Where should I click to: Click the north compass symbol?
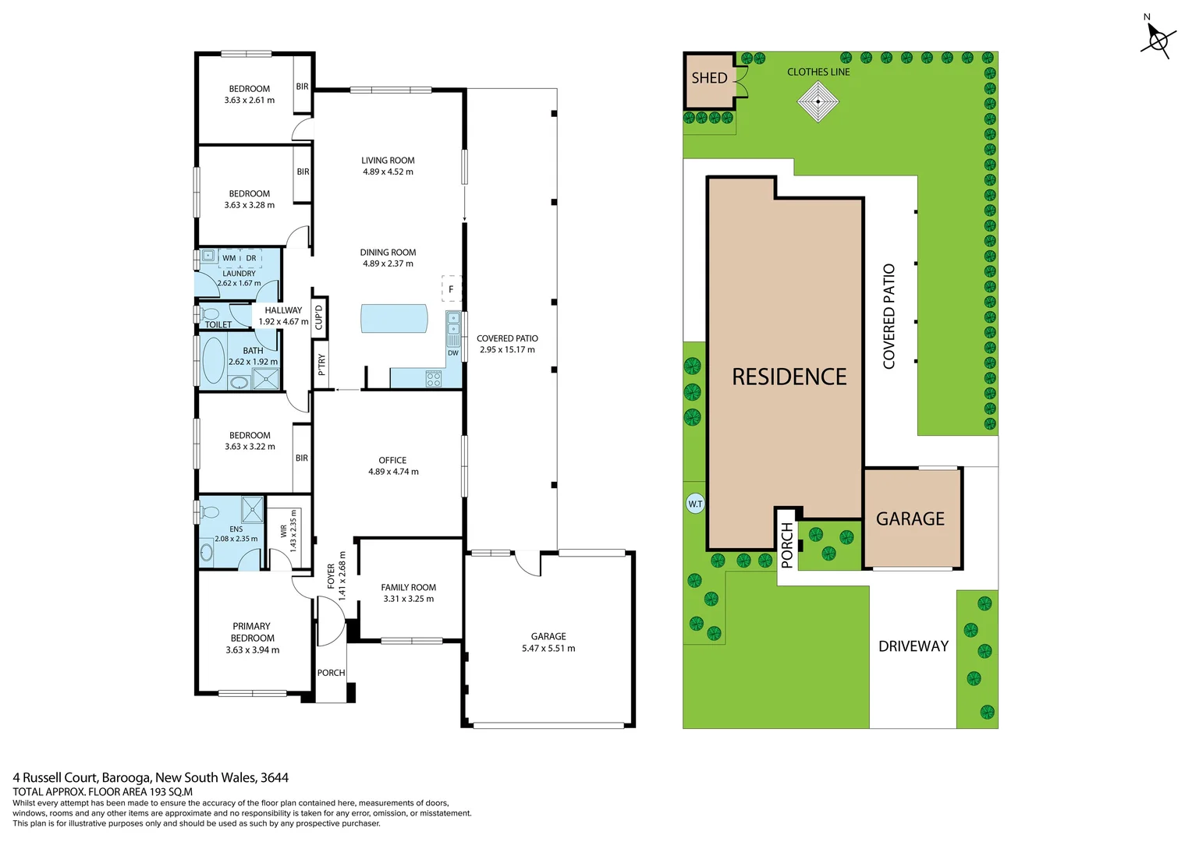coord(1158,39)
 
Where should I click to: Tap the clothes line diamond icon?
coord(818,101)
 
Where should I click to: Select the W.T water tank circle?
coord(695,504)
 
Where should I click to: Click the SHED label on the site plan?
coord(709,78)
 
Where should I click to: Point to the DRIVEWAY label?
coord(913,646)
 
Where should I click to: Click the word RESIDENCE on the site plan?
coord(789,377)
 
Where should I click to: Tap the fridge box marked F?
coord(451,289)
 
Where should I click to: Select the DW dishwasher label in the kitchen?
coord(453,353)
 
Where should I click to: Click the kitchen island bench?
coord(394,318)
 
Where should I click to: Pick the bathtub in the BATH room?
coord(213,360)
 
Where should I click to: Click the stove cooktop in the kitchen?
coord(433,379)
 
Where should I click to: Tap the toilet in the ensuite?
coord(208,512)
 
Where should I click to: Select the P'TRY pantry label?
coord(321,365)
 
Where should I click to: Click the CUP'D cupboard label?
coord(318,316)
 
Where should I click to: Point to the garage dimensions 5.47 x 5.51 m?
coord(548,649)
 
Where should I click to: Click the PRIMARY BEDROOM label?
coord(252,632)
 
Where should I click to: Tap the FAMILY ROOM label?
coord(408,588)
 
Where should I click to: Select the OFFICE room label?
coord(392,460)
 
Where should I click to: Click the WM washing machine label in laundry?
coord(229,258)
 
